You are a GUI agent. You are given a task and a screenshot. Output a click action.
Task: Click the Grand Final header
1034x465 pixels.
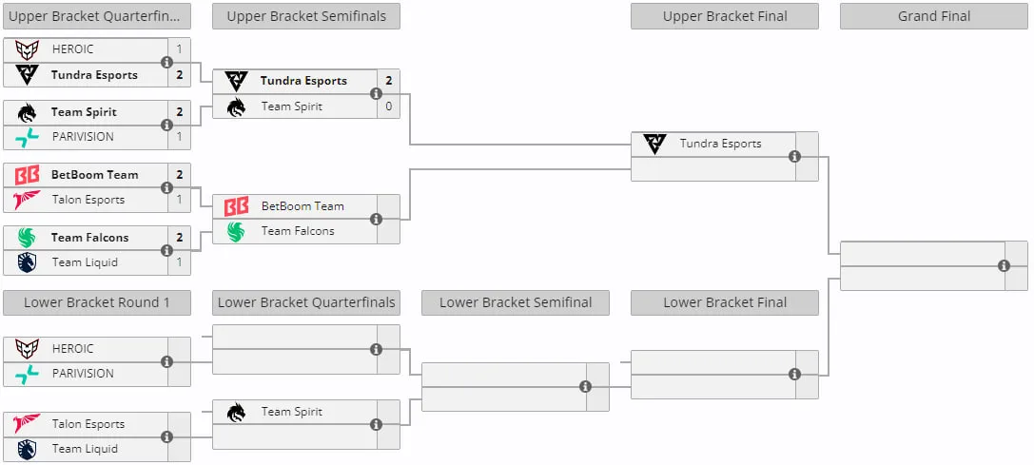click(934, 16)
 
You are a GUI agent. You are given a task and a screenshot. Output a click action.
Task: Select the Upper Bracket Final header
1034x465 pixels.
click(725, 16)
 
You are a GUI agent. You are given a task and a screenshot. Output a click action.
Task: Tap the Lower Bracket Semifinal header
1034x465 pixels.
click(516, 302)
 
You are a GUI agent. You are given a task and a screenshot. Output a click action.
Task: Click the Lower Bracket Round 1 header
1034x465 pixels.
click(97, 302)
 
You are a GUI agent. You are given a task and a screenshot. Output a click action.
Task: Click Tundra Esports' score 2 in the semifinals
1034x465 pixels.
click(389, 81)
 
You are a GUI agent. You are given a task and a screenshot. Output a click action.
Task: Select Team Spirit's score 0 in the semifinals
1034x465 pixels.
click(389, 107)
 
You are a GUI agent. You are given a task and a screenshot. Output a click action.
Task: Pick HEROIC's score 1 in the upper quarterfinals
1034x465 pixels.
click(180, 49)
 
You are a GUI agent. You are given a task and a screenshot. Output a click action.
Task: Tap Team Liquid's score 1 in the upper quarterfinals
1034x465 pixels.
click(180, 262)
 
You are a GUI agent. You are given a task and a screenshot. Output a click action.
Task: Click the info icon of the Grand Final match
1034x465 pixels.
click(1004, 266)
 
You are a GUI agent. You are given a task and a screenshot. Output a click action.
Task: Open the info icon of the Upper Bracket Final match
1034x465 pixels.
click(794, 156)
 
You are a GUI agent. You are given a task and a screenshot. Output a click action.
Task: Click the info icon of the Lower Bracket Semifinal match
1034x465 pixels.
click(585, 386)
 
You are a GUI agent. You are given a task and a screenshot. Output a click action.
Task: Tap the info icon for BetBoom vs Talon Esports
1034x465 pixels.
click(166, 187)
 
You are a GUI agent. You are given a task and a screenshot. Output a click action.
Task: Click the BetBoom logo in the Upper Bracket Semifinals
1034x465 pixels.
click(236, 206)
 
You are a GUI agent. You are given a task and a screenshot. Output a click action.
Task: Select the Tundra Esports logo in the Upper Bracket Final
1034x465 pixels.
click(654, 144)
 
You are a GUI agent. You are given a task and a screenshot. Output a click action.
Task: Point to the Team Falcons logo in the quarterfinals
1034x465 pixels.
click(27, 238)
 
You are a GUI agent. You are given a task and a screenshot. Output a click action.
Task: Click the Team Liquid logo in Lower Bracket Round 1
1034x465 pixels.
click(27, 449)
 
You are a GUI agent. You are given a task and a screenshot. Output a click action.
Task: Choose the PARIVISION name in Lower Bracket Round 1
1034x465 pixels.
click(83, 374)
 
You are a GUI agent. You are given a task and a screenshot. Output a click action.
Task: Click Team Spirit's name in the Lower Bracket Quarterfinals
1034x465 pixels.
click(291, 412)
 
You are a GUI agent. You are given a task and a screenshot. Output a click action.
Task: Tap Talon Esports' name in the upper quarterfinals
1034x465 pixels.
click(88, 200)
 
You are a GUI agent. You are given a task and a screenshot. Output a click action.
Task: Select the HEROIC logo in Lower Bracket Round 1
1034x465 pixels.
click(27, 349)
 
